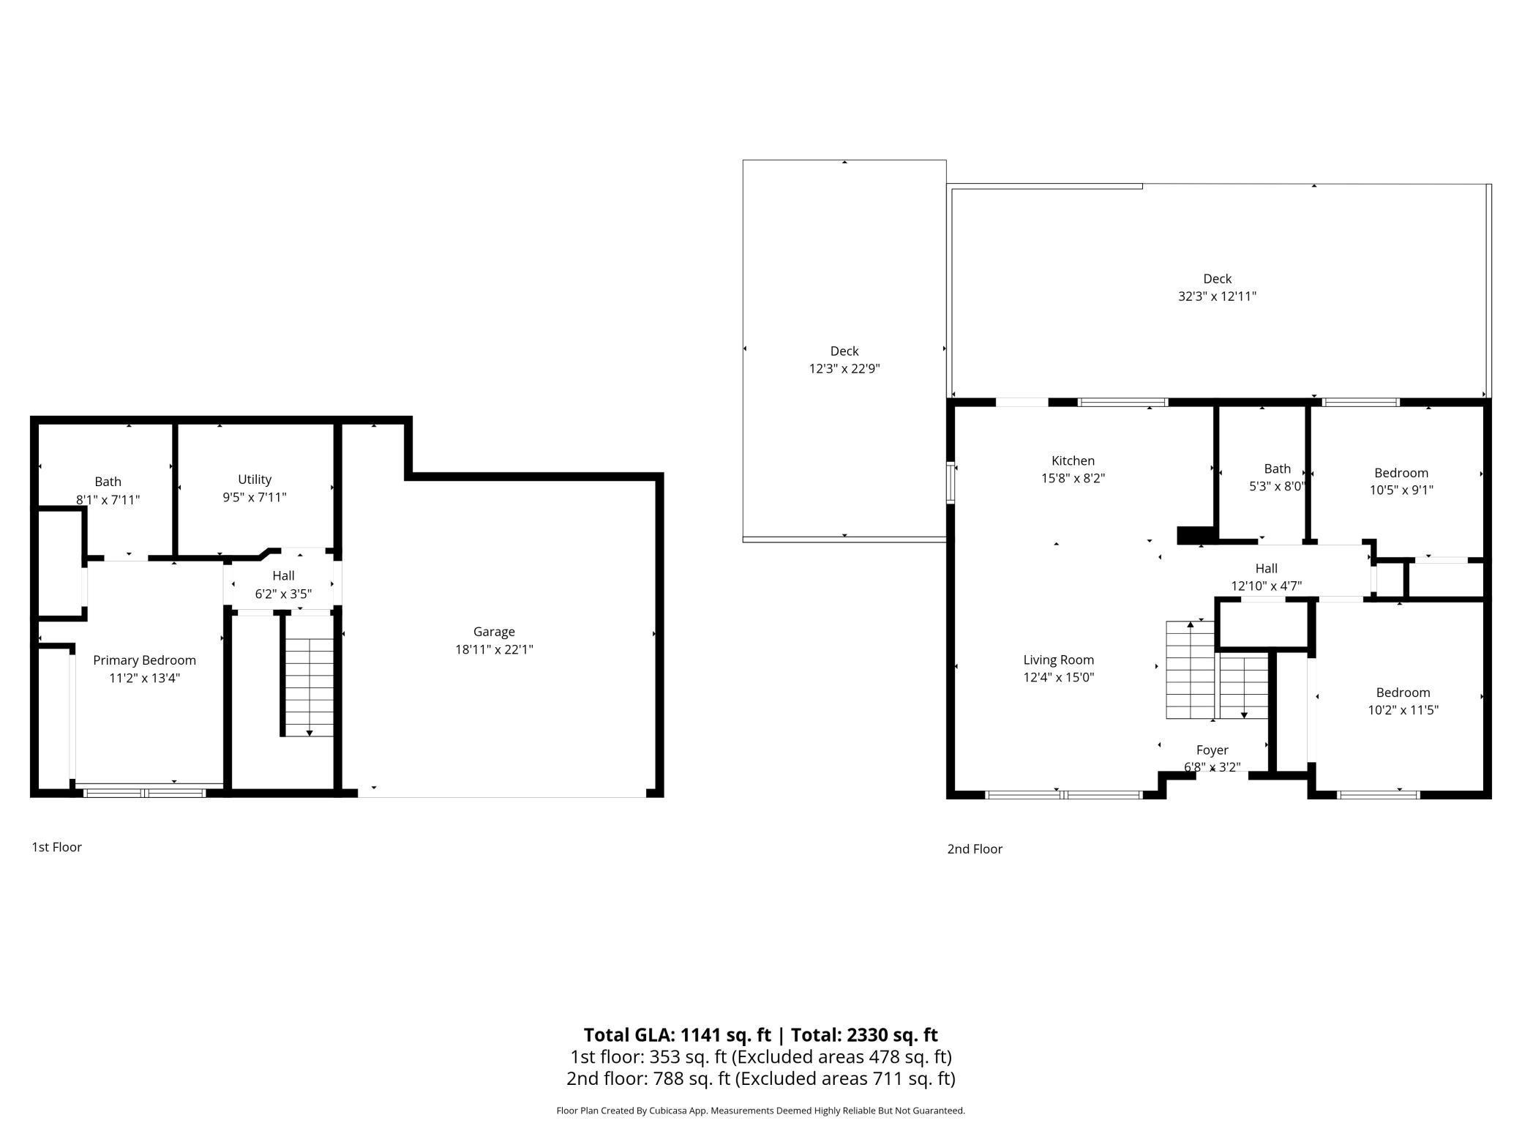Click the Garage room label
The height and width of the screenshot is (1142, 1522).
pos(494,632)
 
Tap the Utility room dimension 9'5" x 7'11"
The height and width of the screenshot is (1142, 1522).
pos(255,498)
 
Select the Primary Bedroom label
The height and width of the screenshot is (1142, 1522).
pos(144,660)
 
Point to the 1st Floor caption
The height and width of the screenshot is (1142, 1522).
pos(56,847)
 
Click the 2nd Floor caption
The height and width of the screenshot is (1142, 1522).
pos(975,849)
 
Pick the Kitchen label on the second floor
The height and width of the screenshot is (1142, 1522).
pos(1073,461)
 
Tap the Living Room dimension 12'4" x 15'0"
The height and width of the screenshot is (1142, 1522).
pos(1058,678)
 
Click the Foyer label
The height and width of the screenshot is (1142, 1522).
pos(1212,750)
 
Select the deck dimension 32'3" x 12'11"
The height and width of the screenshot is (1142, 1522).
pos(1217,296)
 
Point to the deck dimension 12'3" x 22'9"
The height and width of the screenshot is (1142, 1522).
pos(844,369)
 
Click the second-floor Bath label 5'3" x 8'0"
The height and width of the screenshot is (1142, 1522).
pos(1277,469)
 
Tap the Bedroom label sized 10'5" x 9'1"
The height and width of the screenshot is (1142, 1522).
pos(1401,473)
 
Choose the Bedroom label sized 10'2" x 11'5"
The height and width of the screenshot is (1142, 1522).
pos(1403,693)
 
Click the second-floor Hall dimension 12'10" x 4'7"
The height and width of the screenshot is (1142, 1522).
pos(1266,586)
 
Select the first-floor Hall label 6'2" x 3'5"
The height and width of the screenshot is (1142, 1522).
pos(283,576)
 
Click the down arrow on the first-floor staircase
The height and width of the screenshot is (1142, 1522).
pos(310,732)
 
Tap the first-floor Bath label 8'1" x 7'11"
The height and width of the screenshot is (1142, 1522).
pos(108,482)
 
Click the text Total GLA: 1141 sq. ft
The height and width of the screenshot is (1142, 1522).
pos(677,1035)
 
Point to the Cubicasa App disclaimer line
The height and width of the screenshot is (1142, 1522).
pos(760,1111)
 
